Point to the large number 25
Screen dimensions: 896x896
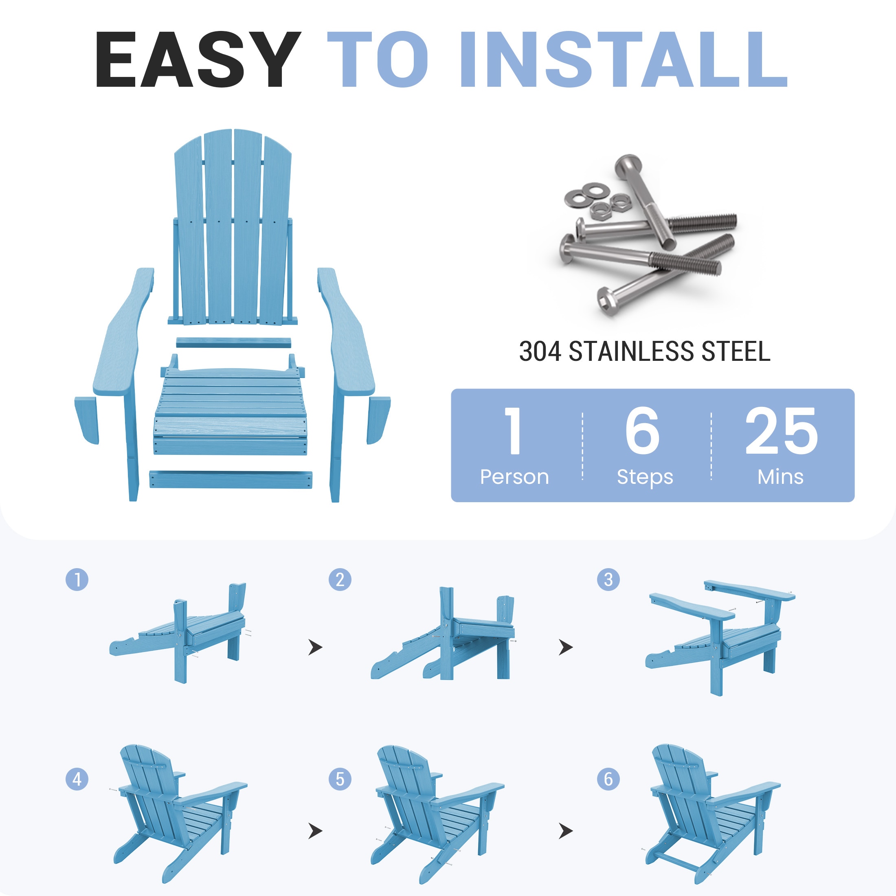coord(782,431)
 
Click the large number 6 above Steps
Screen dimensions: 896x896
coord(642,431)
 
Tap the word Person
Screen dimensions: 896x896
coord(514,477)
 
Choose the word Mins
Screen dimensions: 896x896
coord(780,477)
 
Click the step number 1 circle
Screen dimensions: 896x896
coord(77,580)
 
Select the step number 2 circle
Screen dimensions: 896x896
coord(340,580)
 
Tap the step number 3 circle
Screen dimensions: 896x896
coord(608,580)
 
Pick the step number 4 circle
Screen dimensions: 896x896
coord(77,779)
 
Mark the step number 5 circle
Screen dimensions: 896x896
coord(340,779)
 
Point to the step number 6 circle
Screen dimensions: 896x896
coord(608,779)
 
